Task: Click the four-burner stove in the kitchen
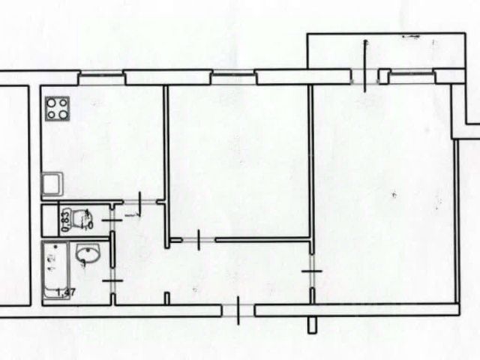click(x=58, y=109)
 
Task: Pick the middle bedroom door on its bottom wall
click(x=197, y=240)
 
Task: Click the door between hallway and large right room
click(x=311, y=271)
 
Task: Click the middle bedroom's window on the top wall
click(x=232, y=74)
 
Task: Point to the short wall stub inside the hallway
click(x=167, y=298)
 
